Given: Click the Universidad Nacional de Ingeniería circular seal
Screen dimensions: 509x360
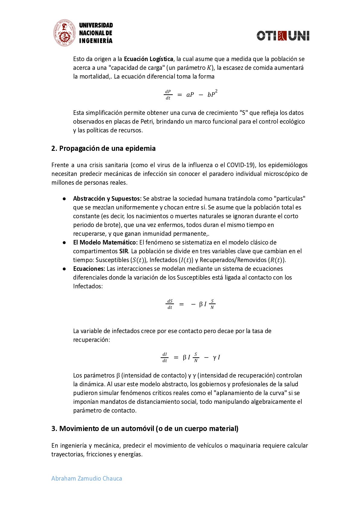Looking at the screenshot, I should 64,33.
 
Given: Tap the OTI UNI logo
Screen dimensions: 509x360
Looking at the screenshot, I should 283,36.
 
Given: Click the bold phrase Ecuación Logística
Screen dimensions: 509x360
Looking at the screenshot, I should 148,59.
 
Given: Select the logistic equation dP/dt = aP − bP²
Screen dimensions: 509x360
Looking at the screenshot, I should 191,94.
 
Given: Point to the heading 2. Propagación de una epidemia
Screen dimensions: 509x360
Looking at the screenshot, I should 103,148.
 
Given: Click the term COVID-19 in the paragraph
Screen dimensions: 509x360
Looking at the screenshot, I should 240,165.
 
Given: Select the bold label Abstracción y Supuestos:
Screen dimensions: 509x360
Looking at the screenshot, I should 107,199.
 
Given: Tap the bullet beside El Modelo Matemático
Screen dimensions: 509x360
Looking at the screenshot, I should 64,242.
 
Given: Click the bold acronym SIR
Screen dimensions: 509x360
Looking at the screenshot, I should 124,251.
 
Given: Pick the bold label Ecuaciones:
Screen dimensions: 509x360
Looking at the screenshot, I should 89,269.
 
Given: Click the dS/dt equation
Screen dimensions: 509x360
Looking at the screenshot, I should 191,304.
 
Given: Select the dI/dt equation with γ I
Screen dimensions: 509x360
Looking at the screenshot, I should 191,357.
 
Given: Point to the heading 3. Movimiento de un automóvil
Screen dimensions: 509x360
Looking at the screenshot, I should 145,429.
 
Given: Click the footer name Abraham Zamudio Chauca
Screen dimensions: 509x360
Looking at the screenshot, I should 87,478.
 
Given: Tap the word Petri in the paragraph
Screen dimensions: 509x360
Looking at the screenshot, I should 147,122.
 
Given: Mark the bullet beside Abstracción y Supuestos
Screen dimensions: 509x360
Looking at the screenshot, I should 64,199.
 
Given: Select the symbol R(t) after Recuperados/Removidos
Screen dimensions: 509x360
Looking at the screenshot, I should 276,260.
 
